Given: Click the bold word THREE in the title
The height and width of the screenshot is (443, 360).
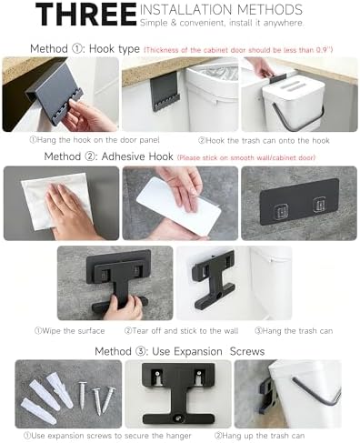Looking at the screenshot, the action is pyautogui.click(x=86, y=14).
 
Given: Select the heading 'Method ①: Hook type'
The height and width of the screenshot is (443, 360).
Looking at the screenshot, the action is pyautogui.click(x=85, y=48).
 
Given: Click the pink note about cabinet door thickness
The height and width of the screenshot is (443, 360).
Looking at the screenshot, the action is pyautogui.click(x=238, y=50).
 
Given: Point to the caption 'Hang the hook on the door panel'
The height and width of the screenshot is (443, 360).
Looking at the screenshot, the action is pyautogui.click(x=95, y=140).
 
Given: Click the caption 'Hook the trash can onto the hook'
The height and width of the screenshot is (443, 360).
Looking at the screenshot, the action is pyautogui.click(x=264, y=140).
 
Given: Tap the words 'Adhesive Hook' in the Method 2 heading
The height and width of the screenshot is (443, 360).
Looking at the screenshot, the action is pyautogui.click(x=137, y=156).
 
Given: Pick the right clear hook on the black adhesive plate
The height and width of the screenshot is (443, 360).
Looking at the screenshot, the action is pyautogui.click(x=320, y=205).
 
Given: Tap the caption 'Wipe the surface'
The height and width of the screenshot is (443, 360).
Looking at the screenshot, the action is pyautogui.click(x=70, y=330).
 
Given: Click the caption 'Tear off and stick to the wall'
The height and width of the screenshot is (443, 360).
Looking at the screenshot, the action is pyautogui.click(x=181, y=330).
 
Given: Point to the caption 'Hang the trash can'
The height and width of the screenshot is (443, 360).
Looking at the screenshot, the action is pyautogui.click(x=294, y=330).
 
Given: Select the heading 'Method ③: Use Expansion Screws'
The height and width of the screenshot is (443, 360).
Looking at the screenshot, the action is pyautogui.click(x=180, y=351).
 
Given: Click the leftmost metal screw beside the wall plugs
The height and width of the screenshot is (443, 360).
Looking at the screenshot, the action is pyautogui.click(x=82, y=395).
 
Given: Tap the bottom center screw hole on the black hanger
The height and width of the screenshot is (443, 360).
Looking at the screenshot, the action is pyautogui.click(x=178, y=418).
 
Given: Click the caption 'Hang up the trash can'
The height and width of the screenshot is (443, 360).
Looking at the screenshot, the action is pyautogui.click(x=259, y=436).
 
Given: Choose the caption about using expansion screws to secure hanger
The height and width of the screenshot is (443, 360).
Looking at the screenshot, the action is pyautogui.click(x=107, y=436).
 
